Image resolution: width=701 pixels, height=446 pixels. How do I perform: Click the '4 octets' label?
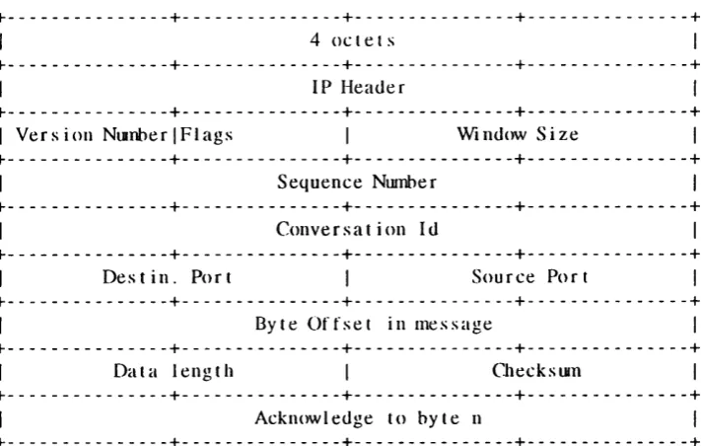click(353, 40)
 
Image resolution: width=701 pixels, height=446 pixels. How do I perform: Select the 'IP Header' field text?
click(359, 87)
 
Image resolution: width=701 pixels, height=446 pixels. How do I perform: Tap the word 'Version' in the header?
click(54, 134)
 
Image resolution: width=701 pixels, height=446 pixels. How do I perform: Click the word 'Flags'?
click(206, 135)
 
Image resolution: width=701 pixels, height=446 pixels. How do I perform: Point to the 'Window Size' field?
click(518, 134)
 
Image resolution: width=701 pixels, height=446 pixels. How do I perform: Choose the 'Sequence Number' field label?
click(357, 183)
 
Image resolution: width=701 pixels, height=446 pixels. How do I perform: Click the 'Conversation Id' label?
click(357, 229)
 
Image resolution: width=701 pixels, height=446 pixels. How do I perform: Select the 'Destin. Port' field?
click(168, 277)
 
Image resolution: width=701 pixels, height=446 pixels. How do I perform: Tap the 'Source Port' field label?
click(530, 277)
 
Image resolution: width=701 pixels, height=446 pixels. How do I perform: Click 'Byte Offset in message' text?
click(374, 324)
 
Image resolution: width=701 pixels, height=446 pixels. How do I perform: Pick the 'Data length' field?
click(174, 371)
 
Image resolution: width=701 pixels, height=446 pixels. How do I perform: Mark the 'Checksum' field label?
click(536, 371)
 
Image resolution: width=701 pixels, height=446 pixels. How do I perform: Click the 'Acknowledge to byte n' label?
click(369, 418)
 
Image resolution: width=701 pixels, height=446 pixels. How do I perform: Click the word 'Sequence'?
click(319, 183)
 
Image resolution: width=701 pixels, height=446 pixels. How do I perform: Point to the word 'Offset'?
click(339, 324)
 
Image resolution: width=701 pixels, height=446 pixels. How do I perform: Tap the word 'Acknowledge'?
click(314, 418)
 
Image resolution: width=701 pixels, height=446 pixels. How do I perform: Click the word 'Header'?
click(373, 87)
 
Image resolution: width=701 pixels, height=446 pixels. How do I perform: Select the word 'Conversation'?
click(341, 229)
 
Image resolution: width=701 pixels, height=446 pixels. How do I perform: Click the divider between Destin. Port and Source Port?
click(347, 277)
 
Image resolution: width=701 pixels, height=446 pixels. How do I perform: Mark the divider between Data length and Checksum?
click(347, 372)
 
